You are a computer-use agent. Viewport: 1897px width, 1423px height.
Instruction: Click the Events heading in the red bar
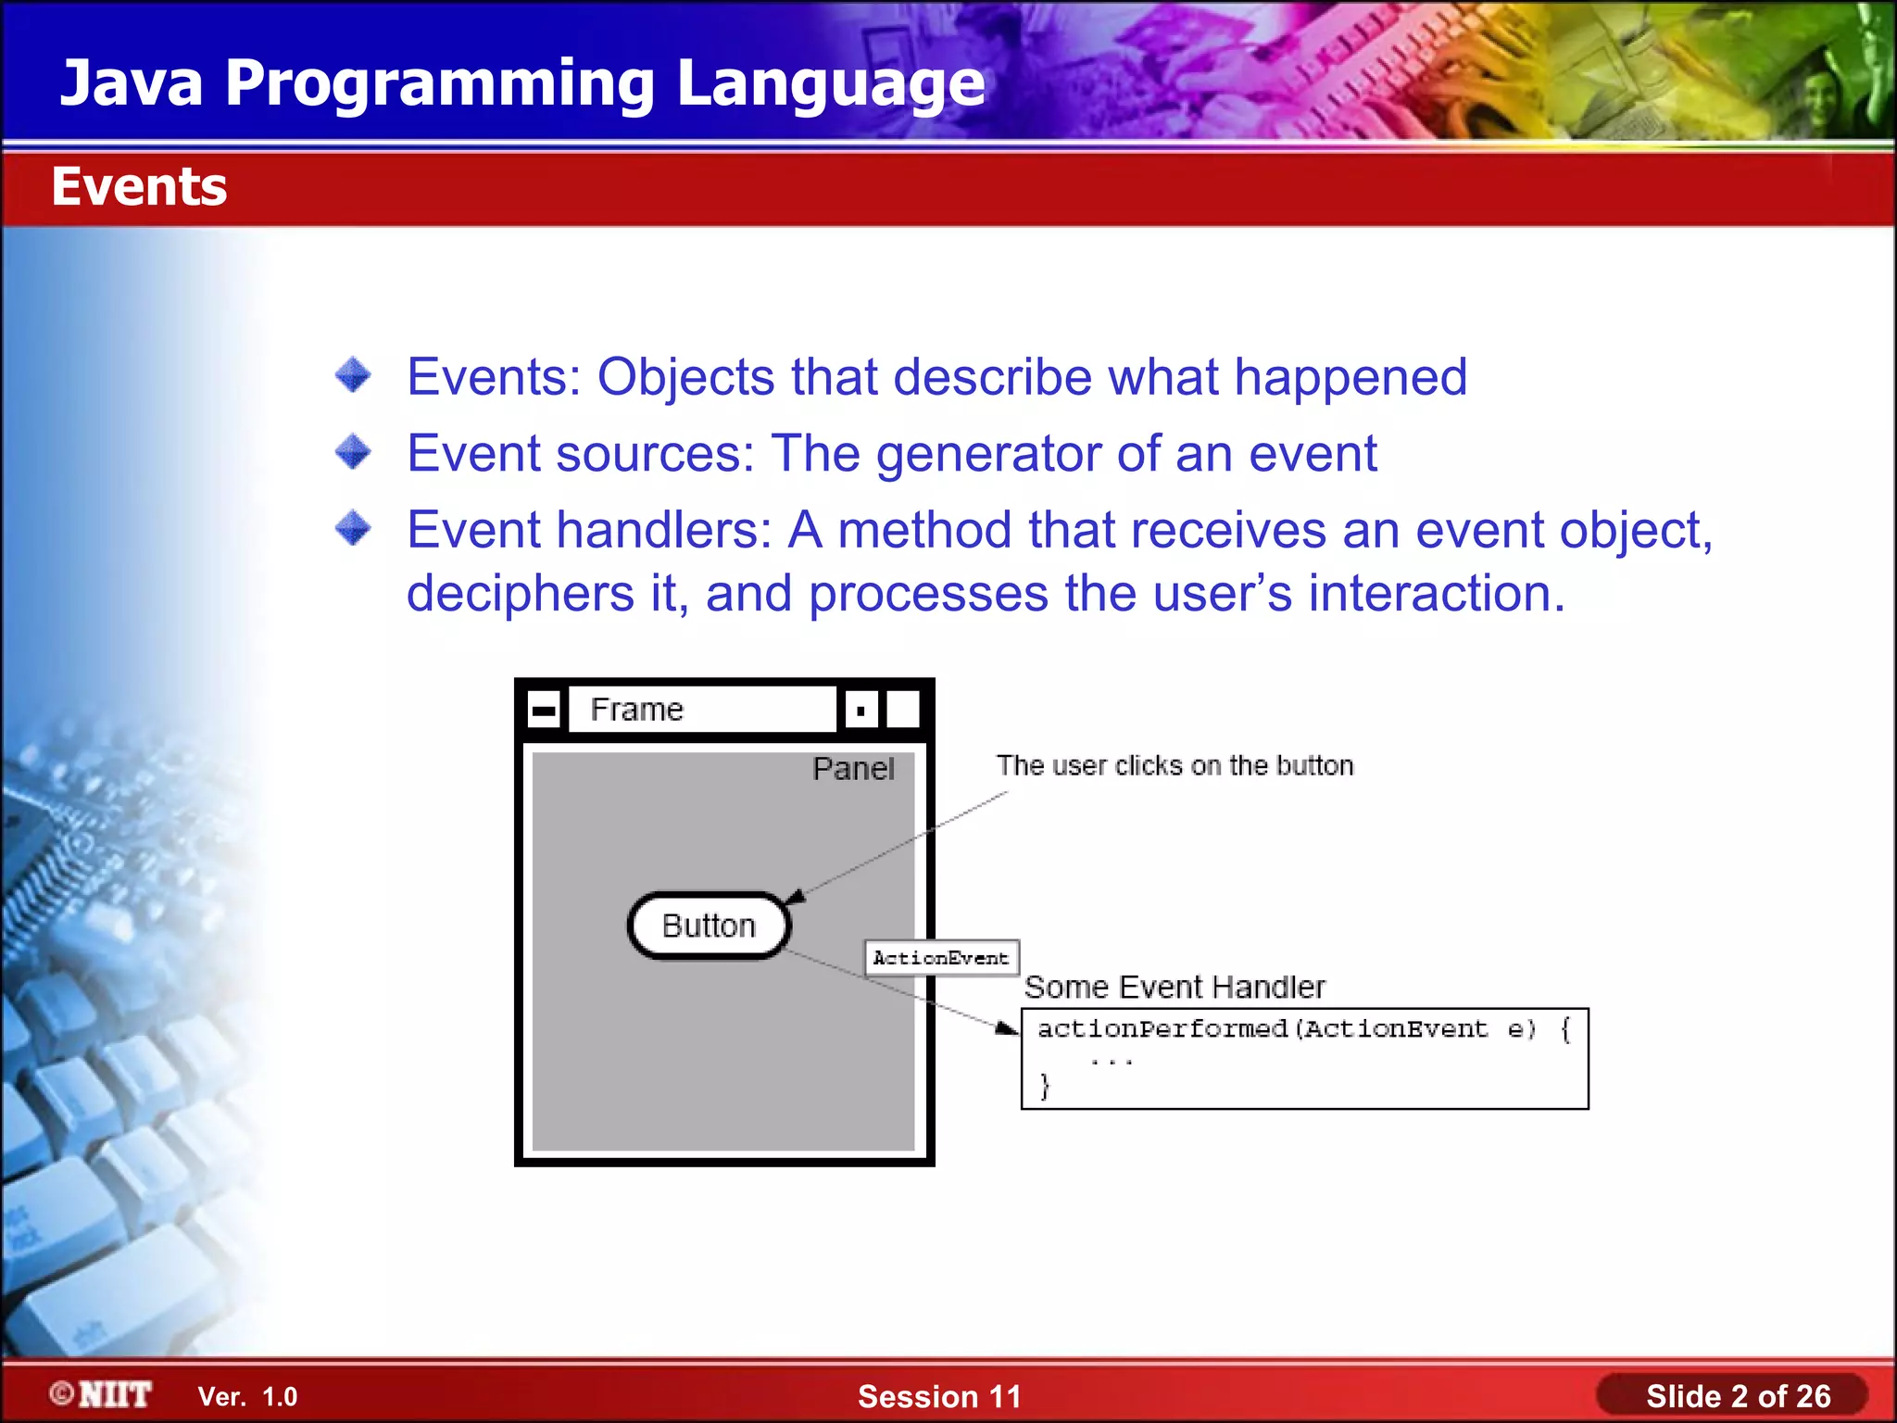(139, 187)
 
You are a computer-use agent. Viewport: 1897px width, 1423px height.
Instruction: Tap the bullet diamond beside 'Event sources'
(353, 452)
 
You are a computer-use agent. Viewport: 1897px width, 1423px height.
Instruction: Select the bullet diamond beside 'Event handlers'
(353, 528)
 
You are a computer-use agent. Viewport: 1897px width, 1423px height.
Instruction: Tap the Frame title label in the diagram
(637, 710)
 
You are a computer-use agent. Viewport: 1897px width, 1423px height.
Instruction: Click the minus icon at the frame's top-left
(544, 711)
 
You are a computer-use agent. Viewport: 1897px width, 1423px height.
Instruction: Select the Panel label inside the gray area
(853, 769)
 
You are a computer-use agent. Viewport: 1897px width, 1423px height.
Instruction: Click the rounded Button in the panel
(709, 926)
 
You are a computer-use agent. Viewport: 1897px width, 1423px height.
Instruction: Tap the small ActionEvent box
(941, 958)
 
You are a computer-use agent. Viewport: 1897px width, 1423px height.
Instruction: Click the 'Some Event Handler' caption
(1174, 987)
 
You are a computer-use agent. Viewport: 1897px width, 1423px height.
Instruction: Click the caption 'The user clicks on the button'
(1175, 765)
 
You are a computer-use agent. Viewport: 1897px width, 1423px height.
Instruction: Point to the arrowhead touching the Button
(795, 897)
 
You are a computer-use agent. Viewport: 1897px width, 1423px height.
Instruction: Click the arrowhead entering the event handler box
(1007, 1028)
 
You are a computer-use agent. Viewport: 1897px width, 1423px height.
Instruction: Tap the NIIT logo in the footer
(102, 1394)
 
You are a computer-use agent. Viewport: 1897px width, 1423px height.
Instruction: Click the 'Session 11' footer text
(939, 1396)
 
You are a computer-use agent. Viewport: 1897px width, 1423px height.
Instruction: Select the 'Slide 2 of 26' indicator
(1738, 1396)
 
